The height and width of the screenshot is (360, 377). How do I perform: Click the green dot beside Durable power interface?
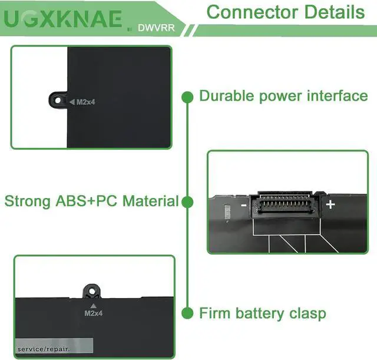coord(187,96)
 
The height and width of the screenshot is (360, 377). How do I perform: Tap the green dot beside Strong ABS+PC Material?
coord(187,202)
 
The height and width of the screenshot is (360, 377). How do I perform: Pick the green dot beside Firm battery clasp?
coord(187,313)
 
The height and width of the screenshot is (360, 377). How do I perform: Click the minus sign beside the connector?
coord(243,206)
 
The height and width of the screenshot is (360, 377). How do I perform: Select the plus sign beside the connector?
coord(330,204)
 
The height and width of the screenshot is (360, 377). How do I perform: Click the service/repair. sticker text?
coord(44,349)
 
